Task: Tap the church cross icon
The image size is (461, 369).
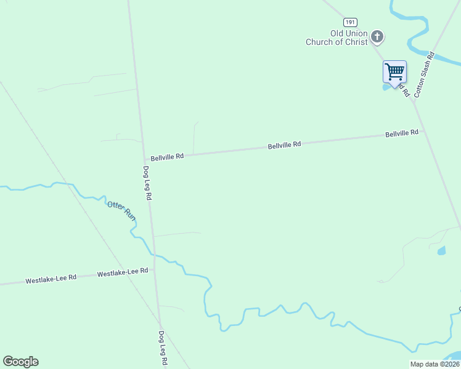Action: [377, 38]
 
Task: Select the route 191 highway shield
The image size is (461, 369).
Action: [351, 22]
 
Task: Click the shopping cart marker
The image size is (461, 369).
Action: [394, 72]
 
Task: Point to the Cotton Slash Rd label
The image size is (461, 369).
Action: [425, 74]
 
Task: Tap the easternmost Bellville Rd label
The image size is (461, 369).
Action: [402, 133]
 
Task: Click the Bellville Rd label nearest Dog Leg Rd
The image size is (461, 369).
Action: [167, 157]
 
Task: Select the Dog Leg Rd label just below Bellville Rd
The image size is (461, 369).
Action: [147, 183]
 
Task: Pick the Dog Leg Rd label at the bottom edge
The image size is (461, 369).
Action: [162, 349]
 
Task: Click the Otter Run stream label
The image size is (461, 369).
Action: [121, 211]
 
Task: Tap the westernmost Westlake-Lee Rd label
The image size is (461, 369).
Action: [51, 279]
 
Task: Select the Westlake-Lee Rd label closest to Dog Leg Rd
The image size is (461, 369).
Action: [123, 271]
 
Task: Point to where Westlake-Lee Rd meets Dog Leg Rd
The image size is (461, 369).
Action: [155, 270]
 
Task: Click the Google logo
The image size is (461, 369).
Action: [20, 362]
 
